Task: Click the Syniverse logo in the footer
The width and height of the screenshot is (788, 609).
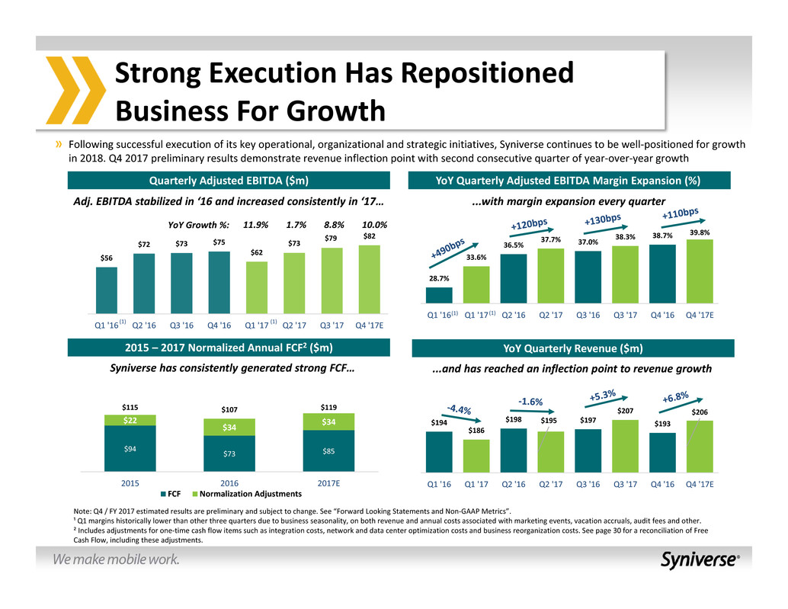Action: click(699, 560)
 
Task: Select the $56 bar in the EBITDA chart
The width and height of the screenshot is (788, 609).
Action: click(106, 290)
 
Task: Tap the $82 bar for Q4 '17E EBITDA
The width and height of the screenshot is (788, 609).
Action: click(369, 279)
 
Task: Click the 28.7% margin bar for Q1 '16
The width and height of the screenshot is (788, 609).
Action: click(440, 295)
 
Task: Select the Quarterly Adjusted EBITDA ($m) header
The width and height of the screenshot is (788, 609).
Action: click(229, 181)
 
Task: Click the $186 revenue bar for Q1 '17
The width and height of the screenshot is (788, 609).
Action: click(477, 456)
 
